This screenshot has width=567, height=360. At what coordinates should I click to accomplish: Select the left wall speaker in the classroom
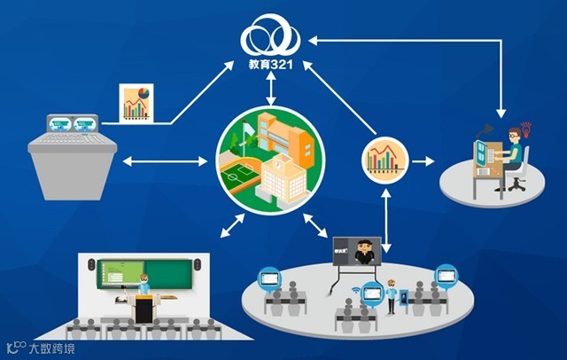pos(91,263)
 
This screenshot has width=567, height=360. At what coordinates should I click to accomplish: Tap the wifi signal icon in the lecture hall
pos(355,288)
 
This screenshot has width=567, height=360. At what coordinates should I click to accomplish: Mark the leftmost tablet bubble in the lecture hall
pos(268,278)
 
